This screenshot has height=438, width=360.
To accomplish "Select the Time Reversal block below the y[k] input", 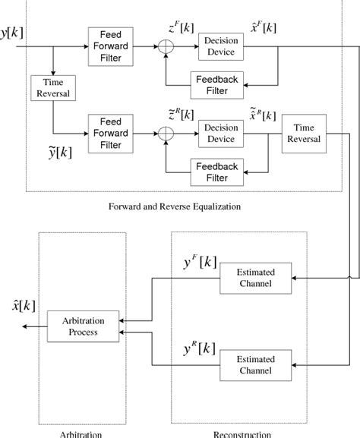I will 52,87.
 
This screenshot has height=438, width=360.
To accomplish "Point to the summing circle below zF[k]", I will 165,46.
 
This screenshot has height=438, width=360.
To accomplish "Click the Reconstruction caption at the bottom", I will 242,433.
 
